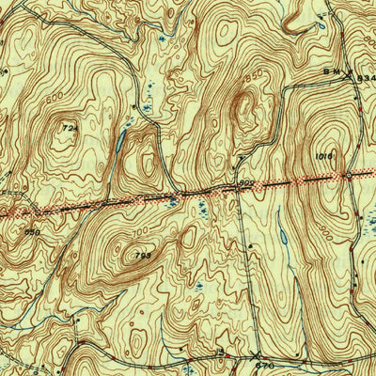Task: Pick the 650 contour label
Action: pyautogui.click(x=33, y=231)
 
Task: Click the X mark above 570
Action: pyautogui.click(x=257, y=356)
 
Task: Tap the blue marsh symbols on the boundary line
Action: pyautogui.click(x=171, y=198)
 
